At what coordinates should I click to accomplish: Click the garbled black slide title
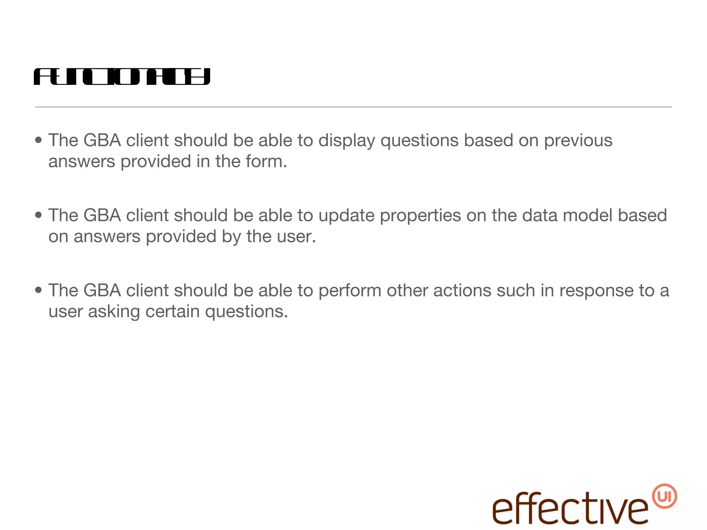pyautogui.click(x=122, y=77)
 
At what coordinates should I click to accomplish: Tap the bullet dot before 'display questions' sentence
pyautogui.click(x=38, y=140)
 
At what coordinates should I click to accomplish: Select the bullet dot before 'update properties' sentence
pyautogui.click(x=38, y=215)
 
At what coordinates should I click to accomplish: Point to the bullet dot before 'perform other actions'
pyautogui.click(x=38, y=290)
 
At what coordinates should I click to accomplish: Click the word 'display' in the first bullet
pyautogui.click(x=346, y=141)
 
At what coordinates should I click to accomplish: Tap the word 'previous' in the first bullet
pyautogui.click(x=578, y=141)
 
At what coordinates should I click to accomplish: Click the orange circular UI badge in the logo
pyautogui.click(x=664, y=496)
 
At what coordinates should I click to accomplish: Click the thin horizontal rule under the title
pyautogui.click(x=353, y=107)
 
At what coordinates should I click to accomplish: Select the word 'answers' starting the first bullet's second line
pyautogui.click(x=81, y=162)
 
